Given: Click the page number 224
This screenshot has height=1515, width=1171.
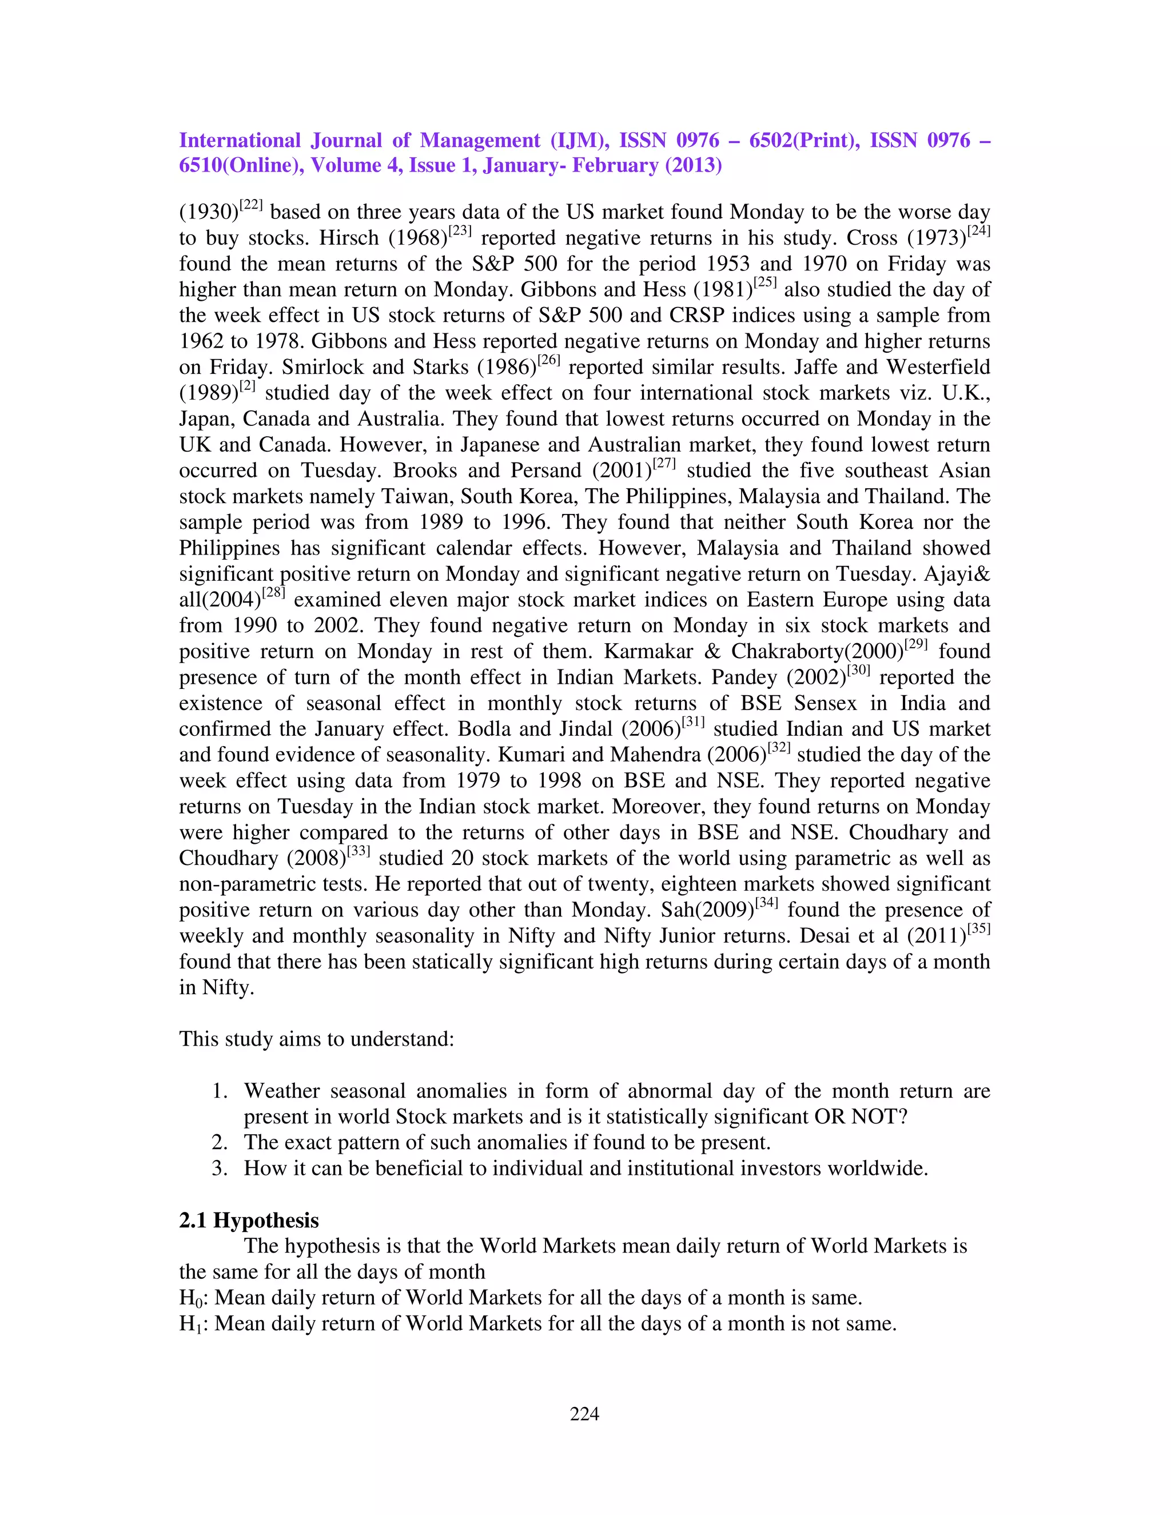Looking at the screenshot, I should click(584, 1414).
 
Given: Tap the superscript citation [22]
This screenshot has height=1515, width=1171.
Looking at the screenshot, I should click(250, 205).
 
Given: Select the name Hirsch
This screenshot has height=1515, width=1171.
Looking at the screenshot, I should click(348, 238).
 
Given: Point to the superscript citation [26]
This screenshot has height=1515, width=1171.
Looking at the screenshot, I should click(549, 361).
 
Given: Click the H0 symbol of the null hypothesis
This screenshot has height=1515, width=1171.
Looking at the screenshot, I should click(190, 1298).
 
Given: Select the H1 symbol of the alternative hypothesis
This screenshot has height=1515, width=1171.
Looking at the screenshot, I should click(190, 1324).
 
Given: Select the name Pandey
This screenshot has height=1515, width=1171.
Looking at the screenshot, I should click(744, 677).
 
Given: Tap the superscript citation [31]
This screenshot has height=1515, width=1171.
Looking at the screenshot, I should click(693, 723).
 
